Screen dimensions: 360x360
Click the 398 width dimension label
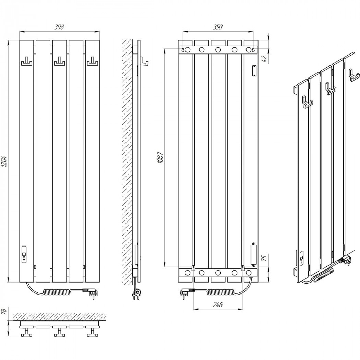[x=59, y=27]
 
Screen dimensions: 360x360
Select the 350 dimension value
[x=218, y=27]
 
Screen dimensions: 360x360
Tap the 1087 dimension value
[x=160, y=157]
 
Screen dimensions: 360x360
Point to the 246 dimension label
[x=217, y=304]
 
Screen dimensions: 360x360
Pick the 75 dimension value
[x=265, y=258]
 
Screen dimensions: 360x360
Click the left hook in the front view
[x=27, y=61]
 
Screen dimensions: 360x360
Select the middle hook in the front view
[x=60, y=61]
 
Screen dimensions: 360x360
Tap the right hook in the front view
[x=93, y=61]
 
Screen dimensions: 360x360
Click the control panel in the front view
[x=24, y=254]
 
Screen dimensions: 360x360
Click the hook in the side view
[x=144, y=62]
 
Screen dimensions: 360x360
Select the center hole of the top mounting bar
[x=218, y=50]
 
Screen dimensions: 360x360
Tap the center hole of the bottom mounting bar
[x=218, y=273]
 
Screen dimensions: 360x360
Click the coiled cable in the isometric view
[x=322, y=272]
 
